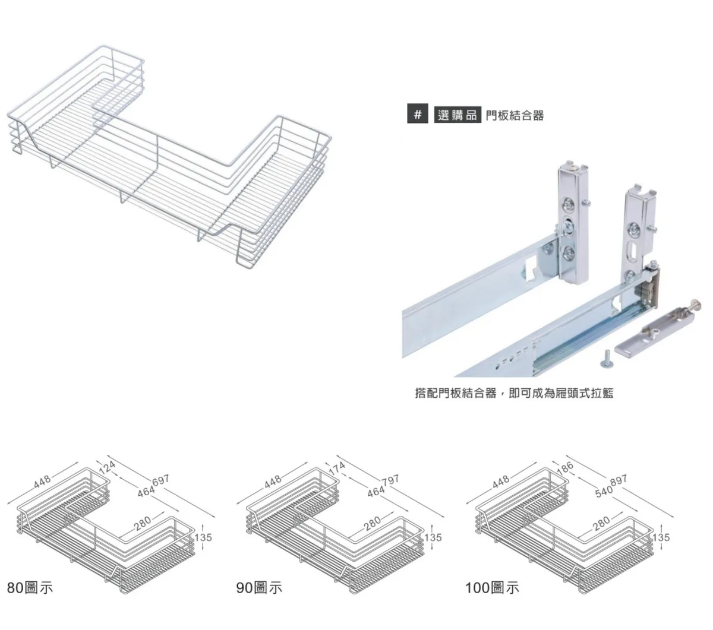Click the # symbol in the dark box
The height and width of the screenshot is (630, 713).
(417, 115)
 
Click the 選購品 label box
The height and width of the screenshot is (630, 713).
(457, 115)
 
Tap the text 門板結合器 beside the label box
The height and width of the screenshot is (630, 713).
(514, 115)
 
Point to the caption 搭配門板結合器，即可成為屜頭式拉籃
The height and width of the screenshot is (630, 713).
(513, 393)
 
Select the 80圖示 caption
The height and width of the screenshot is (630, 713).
(30, 588)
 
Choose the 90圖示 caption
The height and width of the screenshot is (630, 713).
(259, 588)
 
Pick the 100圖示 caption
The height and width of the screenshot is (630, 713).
(492, 588)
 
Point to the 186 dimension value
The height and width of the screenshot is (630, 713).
(566, 467)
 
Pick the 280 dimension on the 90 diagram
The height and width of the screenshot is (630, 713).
(372, 523)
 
